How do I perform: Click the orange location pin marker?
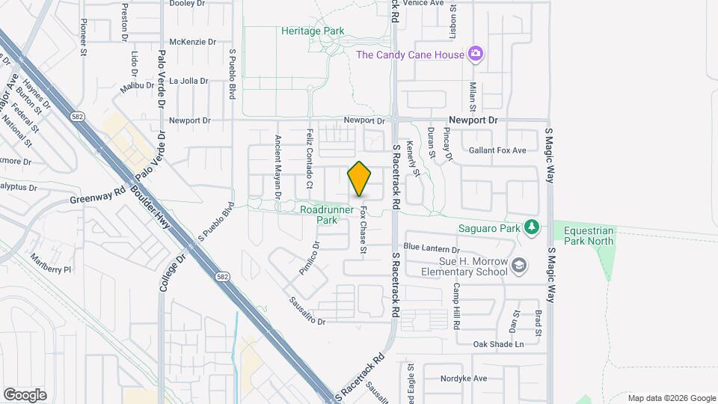click(360, 180)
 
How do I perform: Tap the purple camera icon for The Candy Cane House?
click(474, 54)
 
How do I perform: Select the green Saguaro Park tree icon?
click(531, 226)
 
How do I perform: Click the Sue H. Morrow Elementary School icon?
click(518, 265)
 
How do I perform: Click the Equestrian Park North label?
click(589, 236)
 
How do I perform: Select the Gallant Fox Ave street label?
click(497, 150)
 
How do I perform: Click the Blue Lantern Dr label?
click(431, 248)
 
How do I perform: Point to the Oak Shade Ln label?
click(499, 344)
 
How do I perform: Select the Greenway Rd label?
click(97, 196)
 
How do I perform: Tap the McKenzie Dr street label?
click(193, 42)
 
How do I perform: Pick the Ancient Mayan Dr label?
click(277, 166)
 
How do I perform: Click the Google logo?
click(25, 394)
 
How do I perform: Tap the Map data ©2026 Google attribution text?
click(671, 398)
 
